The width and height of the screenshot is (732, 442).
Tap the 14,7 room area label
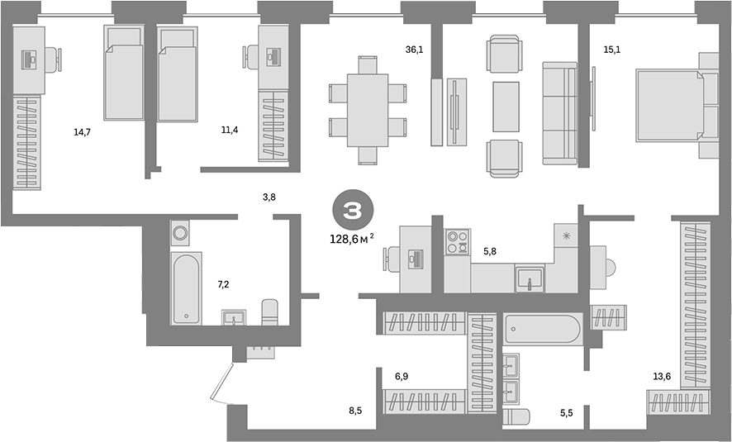82,131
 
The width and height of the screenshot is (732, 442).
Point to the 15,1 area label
611,50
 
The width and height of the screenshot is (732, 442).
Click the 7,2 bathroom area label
222,284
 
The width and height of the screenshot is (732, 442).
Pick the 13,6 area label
661,377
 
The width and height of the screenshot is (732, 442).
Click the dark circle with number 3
351,211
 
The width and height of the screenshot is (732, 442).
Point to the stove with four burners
457,242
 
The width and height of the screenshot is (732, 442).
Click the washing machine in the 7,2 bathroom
180,232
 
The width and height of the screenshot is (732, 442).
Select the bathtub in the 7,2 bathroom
185,288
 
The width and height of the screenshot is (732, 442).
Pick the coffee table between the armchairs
505,107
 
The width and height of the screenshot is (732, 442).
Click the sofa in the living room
559,112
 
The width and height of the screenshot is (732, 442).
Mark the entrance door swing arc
219,385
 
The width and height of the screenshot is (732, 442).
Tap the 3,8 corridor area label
269,197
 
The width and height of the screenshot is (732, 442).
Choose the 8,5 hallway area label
355,410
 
